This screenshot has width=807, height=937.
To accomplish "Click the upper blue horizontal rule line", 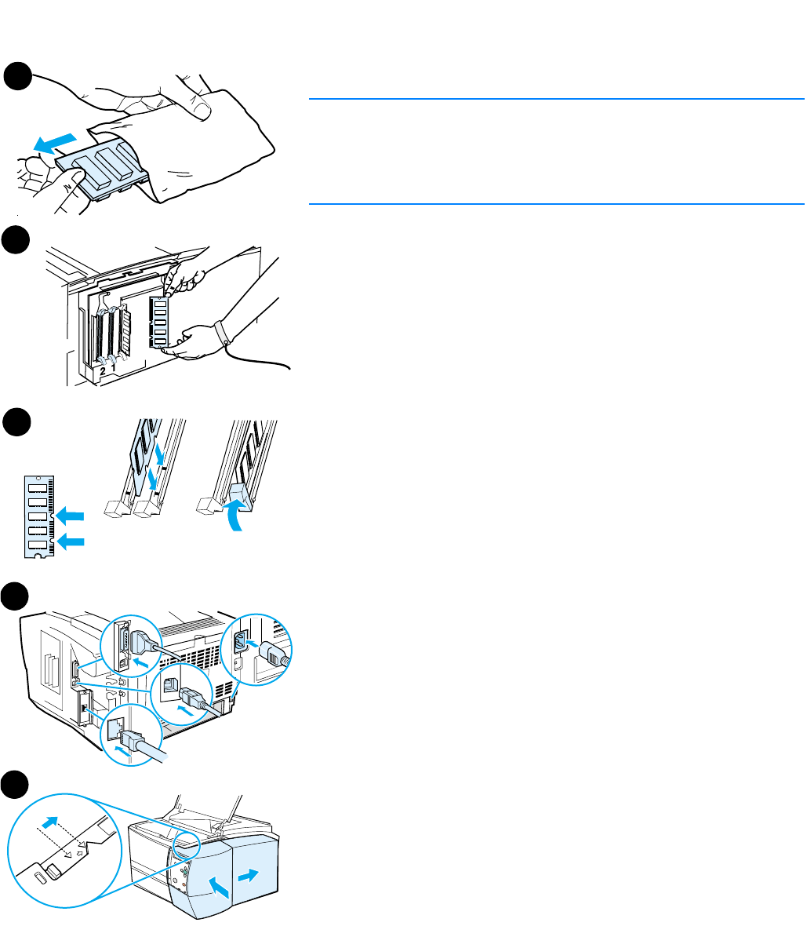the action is tap(556, 100).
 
